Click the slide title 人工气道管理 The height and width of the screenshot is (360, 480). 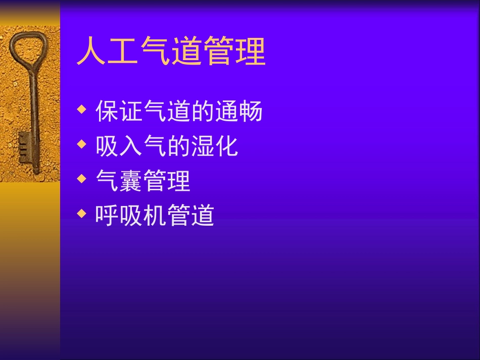(171, 52)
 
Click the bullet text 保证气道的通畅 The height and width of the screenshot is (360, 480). (179, 112)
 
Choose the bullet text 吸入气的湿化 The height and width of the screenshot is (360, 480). (167, 146)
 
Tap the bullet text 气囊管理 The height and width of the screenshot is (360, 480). (143, 181)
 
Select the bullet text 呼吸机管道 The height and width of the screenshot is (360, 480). (155, 216)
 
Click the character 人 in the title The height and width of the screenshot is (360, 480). (91, 52)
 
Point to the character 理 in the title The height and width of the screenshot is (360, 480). (250, 52)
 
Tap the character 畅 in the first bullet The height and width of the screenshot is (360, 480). (251, 112)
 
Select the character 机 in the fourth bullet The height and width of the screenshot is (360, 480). (155, 216)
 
